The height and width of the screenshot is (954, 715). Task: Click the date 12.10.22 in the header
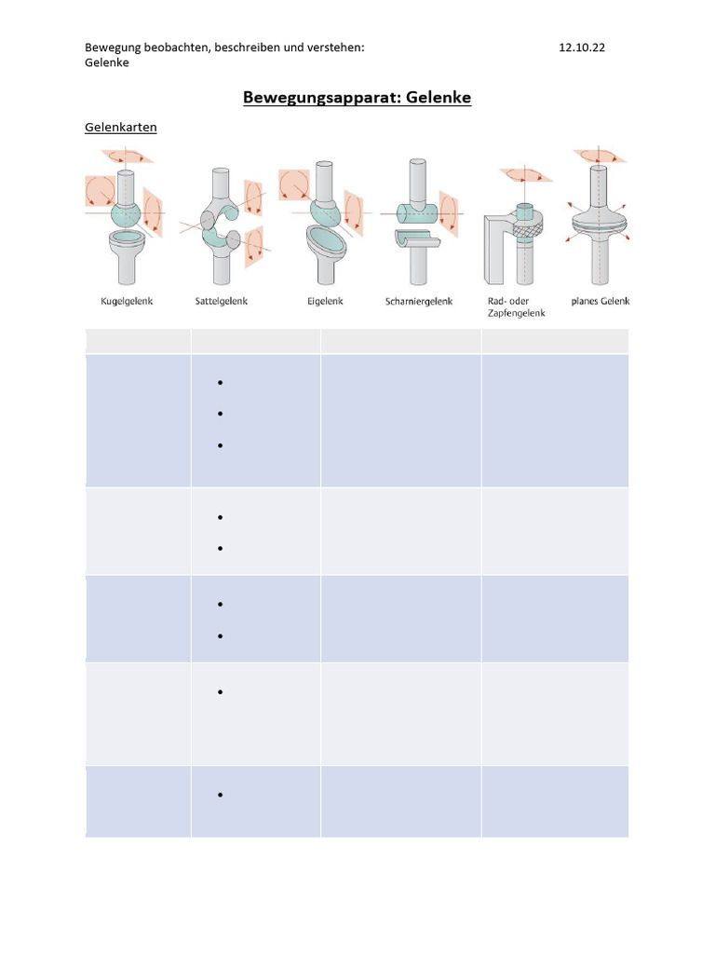click(x=582, y=48)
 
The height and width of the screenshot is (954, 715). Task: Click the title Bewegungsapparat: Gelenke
click(x=357, y=97)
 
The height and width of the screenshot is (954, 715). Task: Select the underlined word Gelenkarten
click(x=121, y=127)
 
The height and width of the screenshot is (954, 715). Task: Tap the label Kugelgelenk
click(x=127, y=301)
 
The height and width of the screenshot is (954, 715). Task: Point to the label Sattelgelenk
click(x=222, y=301)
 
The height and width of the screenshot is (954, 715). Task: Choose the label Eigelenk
click(x=325, y=301)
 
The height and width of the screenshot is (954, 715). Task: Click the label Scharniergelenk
click(x=419, y=301)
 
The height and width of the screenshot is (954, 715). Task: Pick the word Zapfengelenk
click(x=516, y=313)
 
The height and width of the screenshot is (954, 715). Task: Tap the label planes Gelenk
click(x=600, y=301)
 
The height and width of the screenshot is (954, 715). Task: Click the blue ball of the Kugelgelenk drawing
click(x=127, y=214)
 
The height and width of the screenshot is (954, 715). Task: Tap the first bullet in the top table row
click(x=220, y=383)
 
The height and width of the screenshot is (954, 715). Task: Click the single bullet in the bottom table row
click(x=220, y=796)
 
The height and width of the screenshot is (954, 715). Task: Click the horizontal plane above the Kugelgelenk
click(x=127, y=156)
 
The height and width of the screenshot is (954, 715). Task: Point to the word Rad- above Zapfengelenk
click(x=497, y=301)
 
